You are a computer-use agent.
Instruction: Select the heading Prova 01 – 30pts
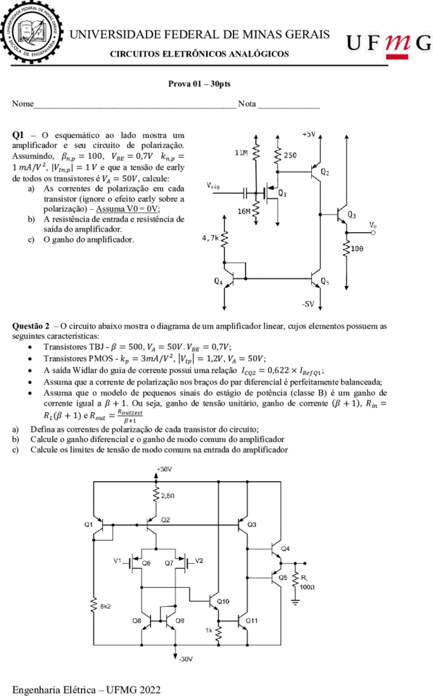coord(199,83)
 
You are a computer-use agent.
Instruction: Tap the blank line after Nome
coord(136,107)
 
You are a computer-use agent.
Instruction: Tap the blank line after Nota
coord(289,107)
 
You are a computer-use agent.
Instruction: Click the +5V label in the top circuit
coord(309,134)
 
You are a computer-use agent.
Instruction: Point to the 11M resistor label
coord(242,152)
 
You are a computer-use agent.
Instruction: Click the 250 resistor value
coord(290,155)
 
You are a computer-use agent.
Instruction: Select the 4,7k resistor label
coord(210,238)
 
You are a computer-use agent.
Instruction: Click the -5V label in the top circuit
coord(308,304)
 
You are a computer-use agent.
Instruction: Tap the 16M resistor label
coord(244,211)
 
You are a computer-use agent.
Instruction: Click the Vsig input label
coord(213,186)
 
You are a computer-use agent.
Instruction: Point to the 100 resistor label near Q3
coord(357,248)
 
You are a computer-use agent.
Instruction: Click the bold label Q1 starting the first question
coord(18,135)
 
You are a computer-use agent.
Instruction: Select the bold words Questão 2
coord(31,327)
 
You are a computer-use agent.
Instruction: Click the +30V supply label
coord(164,469)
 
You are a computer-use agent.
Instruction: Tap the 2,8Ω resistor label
coord(168,496)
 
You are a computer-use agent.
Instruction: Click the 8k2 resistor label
coord(106,606)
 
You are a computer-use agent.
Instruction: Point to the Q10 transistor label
coord(223,602)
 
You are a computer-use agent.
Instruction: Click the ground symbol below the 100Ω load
coord(295,602)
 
